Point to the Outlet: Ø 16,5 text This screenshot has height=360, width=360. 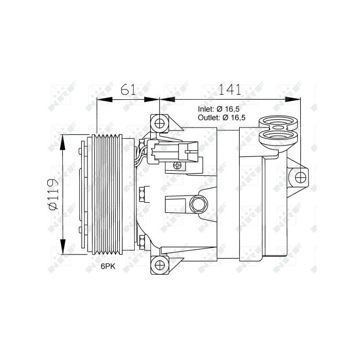(222, 118)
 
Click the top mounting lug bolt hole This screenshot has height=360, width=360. (159, 123)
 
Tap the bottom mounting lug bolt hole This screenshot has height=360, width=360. (159, 265)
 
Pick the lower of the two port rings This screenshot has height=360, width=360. (280, 137)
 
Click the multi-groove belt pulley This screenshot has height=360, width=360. (106, 194)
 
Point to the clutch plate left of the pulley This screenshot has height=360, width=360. (82, 194)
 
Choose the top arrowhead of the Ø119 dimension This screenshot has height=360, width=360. (63, 138)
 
